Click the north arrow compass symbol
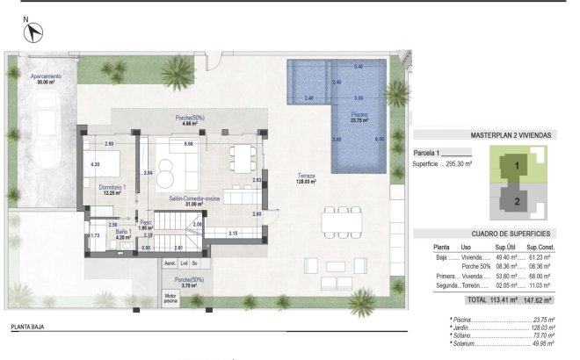pos(34,32)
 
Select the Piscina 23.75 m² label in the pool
pos(359,118)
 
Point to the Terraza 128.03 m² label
pos(305,179)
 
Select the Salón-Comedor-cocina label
pos(187,201)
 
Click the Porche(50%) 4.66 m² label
pos(186,121)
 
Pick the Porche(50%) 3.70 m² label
pos(190,282)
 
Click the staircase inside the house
pos(188,238)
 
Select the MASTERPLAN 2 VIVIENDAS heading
pos(485,136)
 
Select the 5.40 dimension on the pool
pos(358,67)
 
